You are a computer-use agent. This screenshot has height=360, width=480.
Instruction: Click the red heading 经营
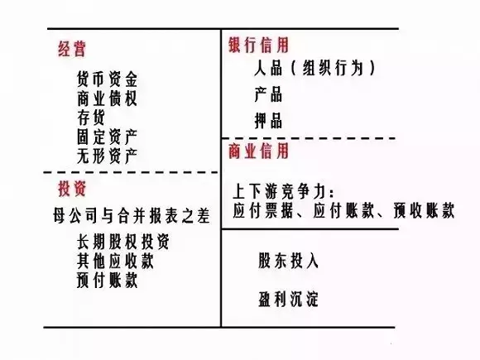point(72,49)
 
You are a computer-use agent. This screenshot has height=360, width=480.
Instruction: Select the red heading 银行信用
point(259,45)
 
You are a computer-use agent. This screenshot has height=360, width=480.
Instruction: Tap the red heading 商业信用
point(259,151)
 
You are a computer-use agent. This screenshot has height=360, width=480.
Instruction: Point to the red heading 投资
point(72,188)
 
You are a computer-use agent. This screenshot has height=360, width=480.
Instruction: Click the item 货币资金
point(107,79)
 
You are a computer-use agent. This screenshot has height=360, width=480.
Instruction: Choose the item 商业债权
point(107,98)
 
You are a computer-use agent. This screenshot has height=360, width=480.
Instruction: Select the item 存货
point(91,118)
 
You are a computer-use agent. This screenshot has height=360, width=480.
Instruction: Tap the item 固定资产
point(107,137)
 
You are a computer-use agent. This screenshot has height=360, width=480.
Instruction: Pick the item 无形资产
point(107,156)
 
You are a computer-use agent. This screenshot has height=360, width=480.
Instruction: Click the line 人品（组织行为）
point(314,68)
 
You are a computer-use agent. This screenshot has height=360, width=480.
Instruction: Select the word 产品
point(268,94)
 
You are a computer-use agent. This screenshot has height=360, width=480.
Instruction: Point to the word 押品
point(268,120)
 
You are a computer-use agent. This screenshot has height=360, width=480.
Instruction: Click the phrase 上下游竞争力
point(280,192)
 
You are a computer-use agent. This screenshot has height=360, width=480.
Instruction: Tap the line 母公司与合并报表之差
point(132,215)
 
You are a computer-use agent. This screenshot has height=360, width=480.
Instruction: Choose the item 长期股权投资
point(123,242)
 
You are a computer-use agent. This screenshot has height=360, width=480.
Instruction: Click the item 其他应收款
point(115,262)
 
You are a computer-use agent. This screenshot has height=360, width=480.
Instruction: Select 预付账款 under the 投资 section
point(107,281)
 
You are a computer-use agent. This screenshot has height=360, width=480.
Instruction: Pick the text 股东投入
point(288,261)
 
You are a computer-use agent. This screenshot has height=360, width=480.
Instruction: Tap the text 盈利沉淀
point(288,299)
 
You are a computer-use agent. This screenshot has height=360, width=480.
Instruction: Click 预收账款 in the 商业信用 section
point(424,210)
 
